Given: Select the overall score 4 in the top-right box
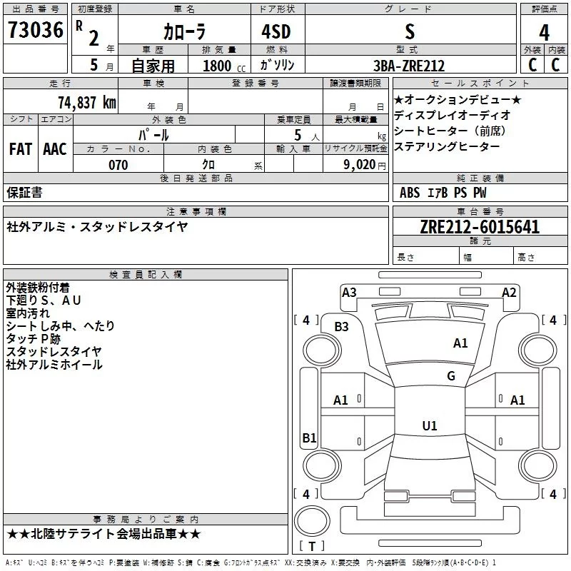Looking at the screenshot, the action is pos(544,32).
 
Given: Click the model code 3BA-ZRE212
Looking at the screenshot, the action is pos(409,66).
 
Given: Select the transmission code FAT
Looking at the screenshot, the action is pos(21,149).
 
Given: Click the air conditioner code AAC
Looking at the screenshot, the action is pos(55,149).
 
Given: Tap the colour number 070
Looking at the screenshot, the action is pos(118,166).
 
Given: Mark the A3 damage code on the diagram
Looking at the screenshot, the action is pos(349,292).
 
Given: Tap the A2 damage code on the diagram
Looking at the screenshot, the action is pos(509,292).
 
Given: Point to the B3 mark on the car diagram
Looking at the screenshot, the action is pos(342,327).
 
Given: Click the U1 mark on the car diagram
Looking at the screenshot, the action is pos(429,426).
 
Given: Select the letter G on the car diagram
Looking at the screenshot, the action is pos(451,376).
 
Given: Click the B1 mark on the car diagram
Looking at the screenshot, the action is pos(309,438).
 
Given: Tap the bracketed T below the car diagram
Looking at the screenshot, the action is pos(312,547).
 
